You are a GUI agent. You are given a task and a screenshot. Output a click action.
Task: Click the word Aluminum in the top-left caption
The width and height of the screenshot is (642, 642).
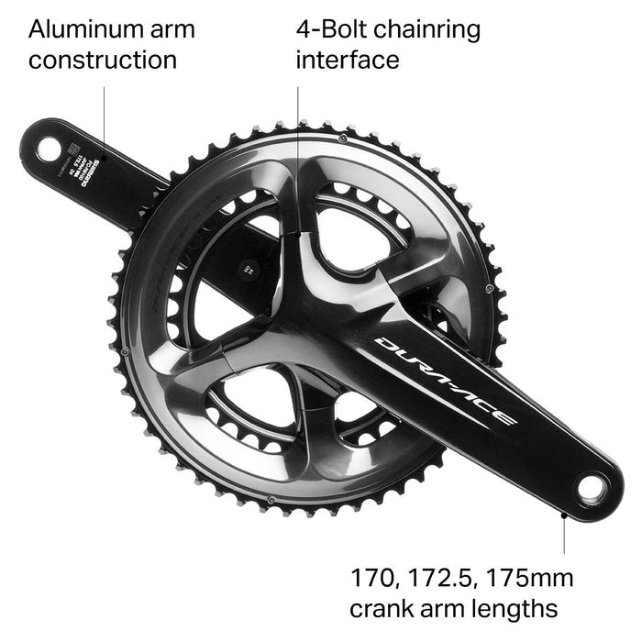pyautogui.click(x=83, y=28)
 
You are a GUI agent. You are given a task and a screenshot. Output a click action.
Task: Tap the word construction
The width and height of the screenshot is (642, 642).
pyautogui.click(x=103, y=61)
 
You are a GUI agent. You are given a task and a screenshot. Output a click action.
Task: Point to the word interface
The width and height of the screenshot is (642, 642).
pyautogui.click(x=349, y=61)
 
